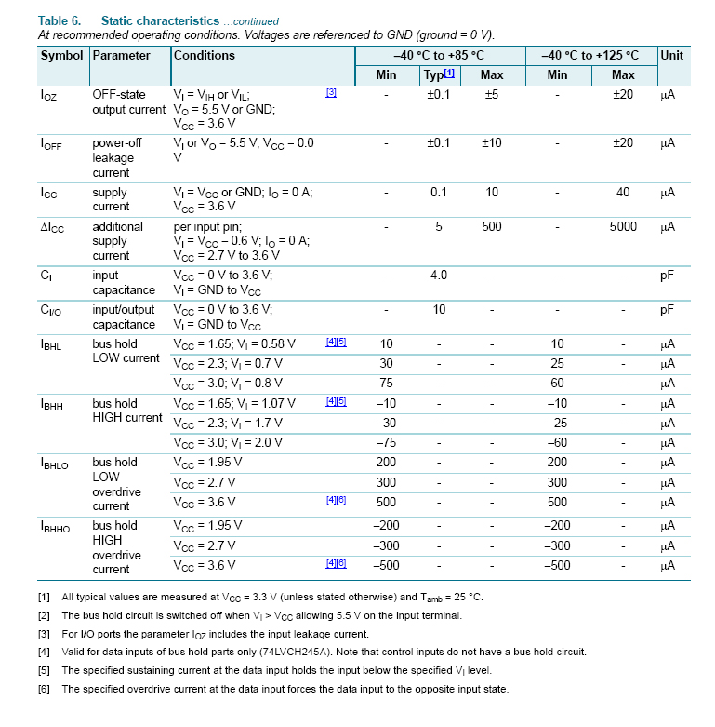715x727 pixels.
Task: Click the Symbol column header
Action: click(x=61, y=56)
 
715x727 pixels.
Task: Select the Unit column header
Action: click(x=671, y=56)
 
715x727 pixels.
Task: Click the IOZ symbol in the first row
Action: click(x=48, y=96)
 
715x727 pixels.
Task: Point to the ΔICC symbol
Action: click(x=52, y=227)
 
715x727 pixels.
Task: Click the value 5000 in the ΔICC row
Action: click(x=623, y=226)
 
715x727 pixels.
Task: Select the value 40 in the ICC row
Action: click(x=623, y=193)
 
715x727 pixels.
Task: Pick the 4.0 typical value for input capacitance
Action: click(x=438, y=276)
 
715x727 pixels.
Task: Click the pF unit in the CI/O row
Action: click(x=667, y=310)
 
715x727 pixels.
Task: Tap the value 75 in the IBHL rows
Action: click(x=387, y=383)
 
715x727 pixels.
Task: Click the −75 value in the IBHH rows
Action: click(x=387, y=442)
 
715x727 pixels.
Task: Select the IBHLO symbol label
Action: click(x=55, y=464)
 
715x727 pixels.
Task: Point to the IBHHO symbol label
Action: click(x=55, y=527)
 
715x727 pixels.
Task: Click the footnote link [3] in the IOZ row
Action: click(x=331, y=93)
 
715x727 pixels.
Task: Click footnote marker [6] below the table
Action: click(x=44, y=689)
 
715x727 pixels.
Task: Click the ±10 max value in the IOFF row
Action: click(x=492, y=143)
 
